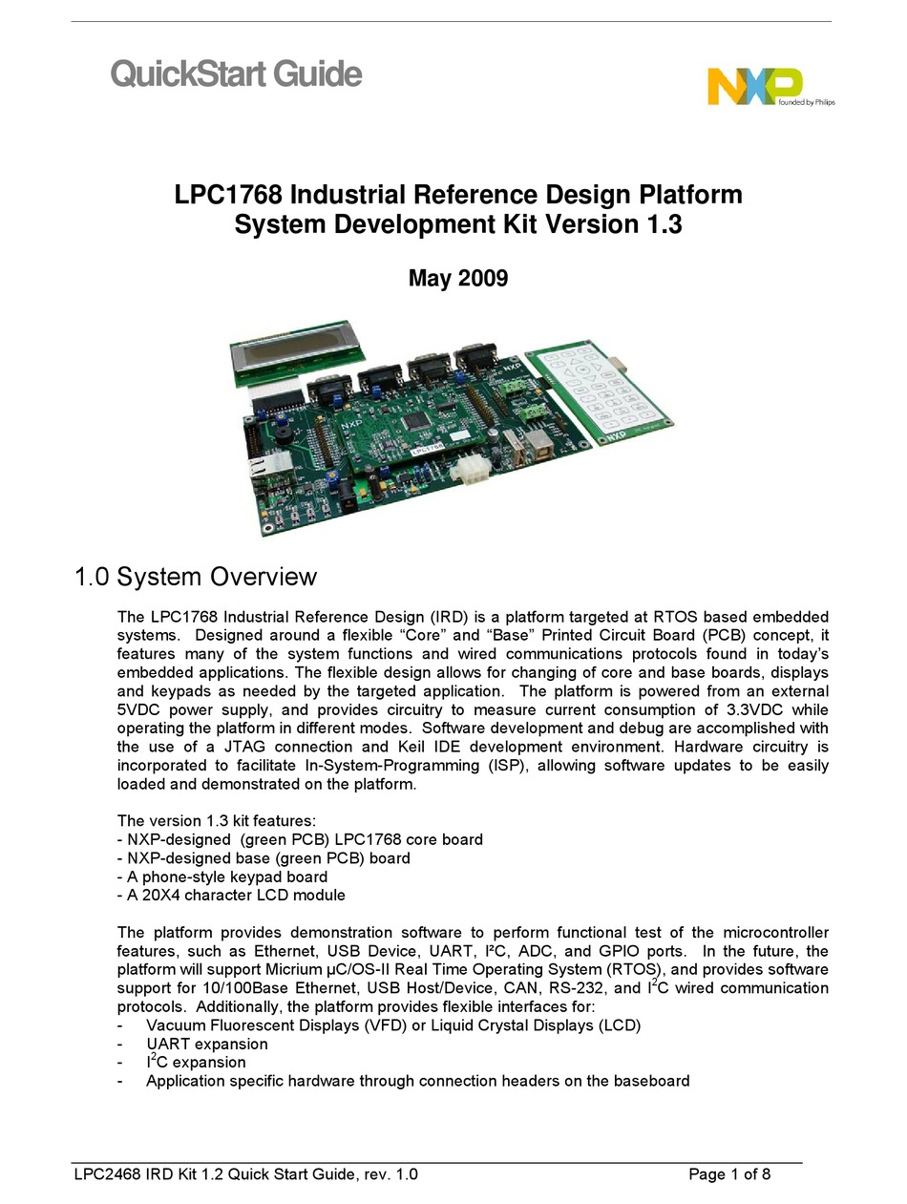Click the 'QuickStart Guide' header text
[236, 74]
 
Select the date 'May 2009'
[457, 278]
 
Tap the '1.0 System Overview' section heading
[196, 577]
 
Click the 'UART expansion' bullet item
[206, 1044]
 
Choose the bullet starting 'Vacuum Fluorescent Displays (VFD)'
[392, 1025]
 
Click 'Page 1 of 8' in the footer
[728, 1174]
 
